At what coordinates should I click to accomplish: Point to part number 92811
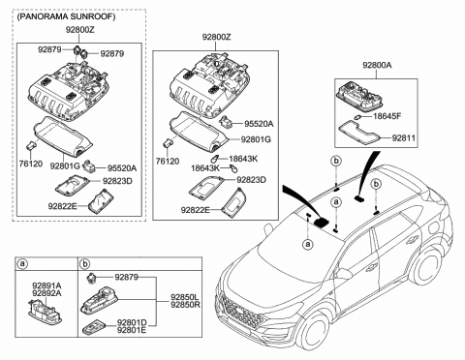tap(405, 138)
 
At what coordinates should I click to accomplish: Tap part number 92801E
tap(131, 331)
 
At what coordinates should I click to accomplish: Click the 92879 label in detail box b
tap(127, 278)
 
